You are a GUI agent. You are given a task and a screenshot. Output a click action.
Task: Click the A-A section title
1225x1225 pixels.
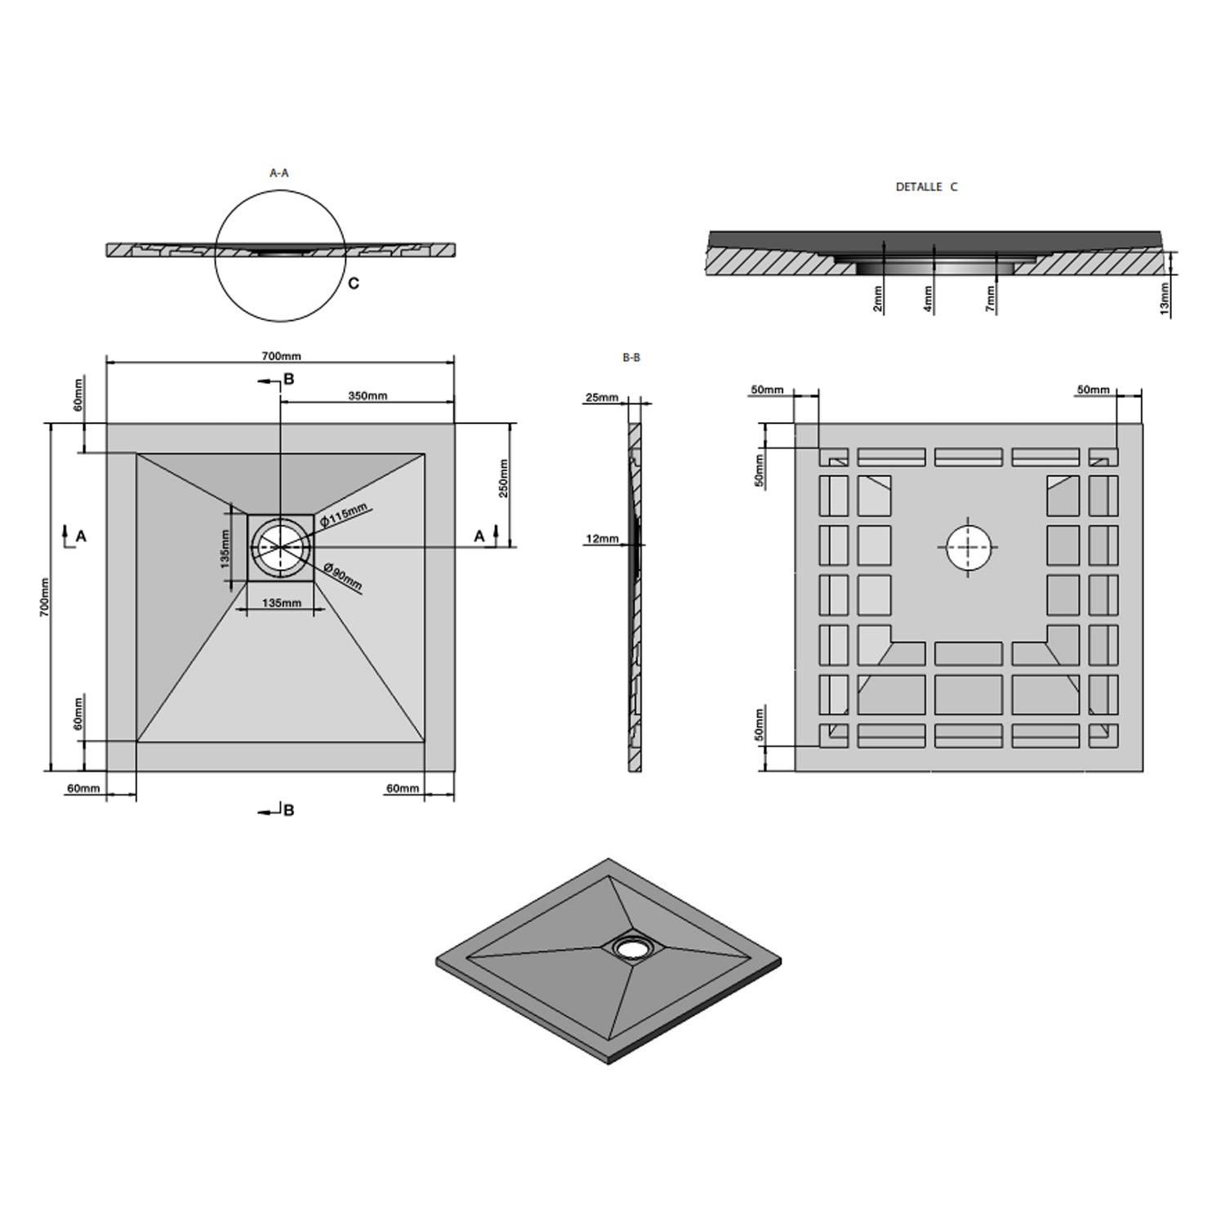click(x=279, y=173)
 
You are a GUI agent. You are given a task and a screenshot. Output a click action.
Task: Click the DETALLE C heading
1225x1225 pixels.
click(x=926, y=187)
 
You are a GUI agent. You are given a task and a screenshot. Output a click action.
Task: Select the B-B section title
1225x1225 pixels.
click(x=631, y=358)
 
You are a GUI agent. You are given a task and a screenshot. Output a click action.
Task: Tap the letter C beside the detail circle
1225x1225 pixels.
click(x=354, y=283)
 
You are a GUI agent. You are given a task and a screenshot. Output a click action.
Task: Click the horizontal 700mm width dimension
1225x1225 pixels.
click(x=281, y=356)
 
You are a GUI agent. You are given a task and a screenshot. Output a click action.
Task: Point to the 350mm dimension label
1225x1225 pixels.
click(x=367, y=396)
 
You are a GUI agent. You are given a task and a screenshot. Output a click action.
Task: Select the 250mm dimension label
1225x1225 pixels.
click(x=504, y=479)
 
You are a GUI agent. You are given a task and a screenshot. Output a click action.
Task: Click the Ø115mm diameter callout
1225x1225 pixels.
click(x=343, y=515)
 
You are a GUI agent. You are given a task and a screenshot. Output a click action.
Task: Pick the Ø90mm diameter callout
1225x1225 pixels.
click(x=342, y=577)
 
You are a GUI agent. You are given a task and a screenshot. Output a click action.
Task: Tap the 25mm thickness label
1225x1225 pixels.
click(x=601, y=398)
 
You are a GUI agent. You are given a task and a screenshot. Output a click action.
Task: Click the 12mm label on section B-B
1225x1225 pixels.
click(x=602, y=539)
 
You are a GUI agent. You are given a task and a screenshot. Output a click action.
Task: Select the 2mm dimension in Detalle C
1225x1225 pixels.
click(x=878, y=299)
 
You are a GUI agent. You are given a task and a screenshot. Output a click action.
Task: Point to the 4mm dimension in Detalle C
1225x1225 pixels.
click(x=928, y=299)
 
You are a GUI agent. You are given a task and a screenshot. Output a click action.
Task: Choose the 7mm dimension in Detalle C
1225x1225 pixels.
click(x=991, y=299)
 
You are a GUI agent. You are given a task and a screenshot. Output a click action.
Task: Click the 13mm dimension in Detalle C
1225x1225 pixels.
click(x=1165, y=299)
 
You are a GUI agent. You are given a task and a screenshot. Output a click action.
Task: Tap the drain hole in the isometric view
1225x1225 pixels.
click(x=630, y=947)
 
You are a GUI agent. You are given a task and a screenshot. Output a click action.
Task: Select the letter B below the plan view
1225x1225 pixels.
click(x=288, y=810)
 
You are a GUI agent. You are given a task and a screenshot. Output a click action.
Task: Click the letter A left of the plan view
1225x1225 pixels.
click(x=81, y=536)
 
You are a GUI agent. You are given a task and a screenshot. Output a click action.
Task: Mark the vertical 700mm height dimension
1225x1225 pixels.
click(x=46, y=596)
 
